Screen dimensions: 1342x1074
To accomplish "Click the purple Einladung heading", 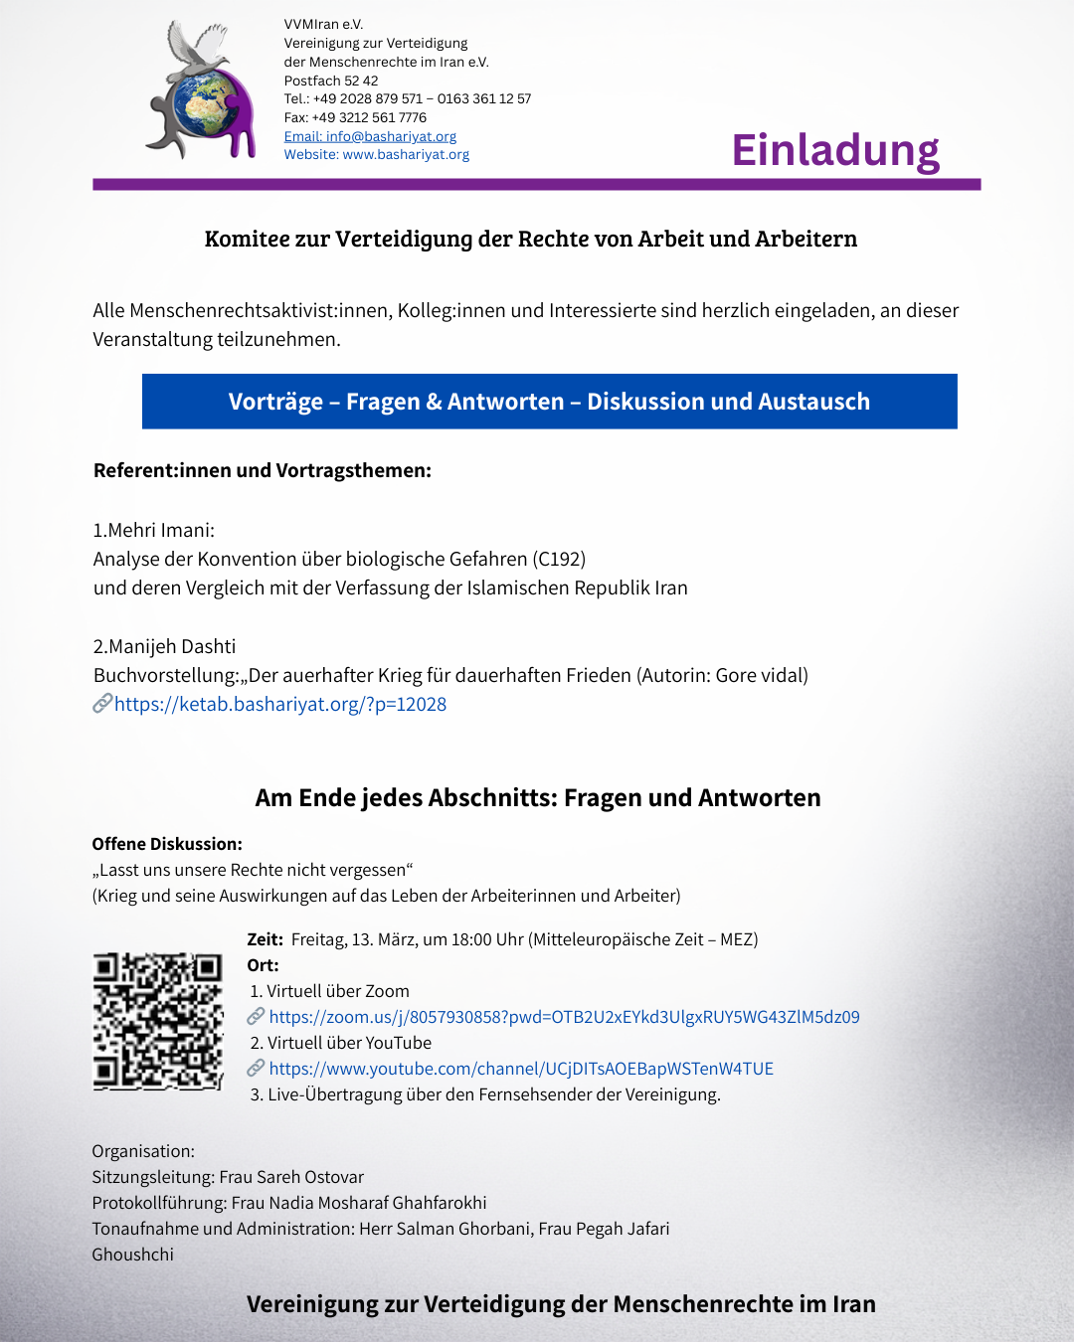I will point(835,151).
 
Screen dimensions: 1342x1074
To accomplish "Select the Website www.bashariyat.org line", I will point(376,155).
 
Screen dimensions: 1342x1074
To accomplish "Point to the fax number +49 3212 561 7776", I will point(369,117).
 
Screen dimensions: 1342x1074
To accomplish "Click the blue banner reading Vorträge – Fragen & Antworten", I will point(549,402).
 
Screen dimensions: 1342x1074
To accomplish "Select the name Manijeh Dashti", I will point(172,646).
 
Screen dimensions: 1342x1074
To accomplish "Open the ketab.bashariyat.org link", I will point(279,704).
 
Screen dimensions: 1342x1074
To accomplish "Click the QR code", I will point(158,1022).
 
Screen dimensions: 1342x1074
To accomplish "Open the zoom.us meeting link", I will point(564,1017).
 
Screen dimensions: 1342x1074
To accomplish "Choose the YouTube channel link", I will point(521,1069).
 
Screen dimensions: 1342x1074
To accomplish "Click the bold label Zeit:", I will point(265,939).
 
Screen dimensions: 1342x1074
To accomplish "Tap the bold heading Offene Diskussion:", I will point(167,844).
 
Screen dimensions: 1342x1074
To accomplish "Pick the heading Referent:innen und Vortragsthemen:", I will point(263,470).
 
